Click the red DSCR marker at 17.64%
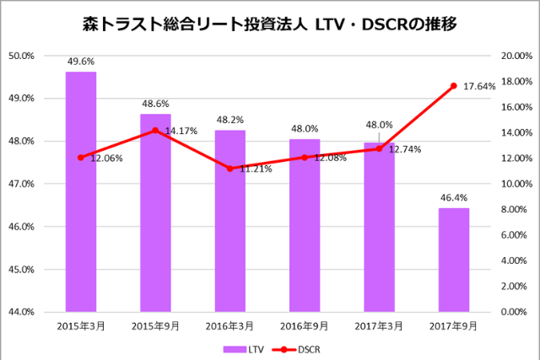pos(453,86)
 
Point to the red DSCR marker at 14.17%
pos(155,131)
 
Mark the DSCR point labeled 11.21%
pos(229,169)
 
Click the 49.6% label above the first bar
pos(81,61)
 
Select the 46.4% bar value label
pos(453,196)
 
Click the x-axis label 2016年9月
pos(304,325)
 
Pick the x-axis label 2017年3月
pos(379,325)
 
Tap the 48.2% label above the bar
pos(229,120)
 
